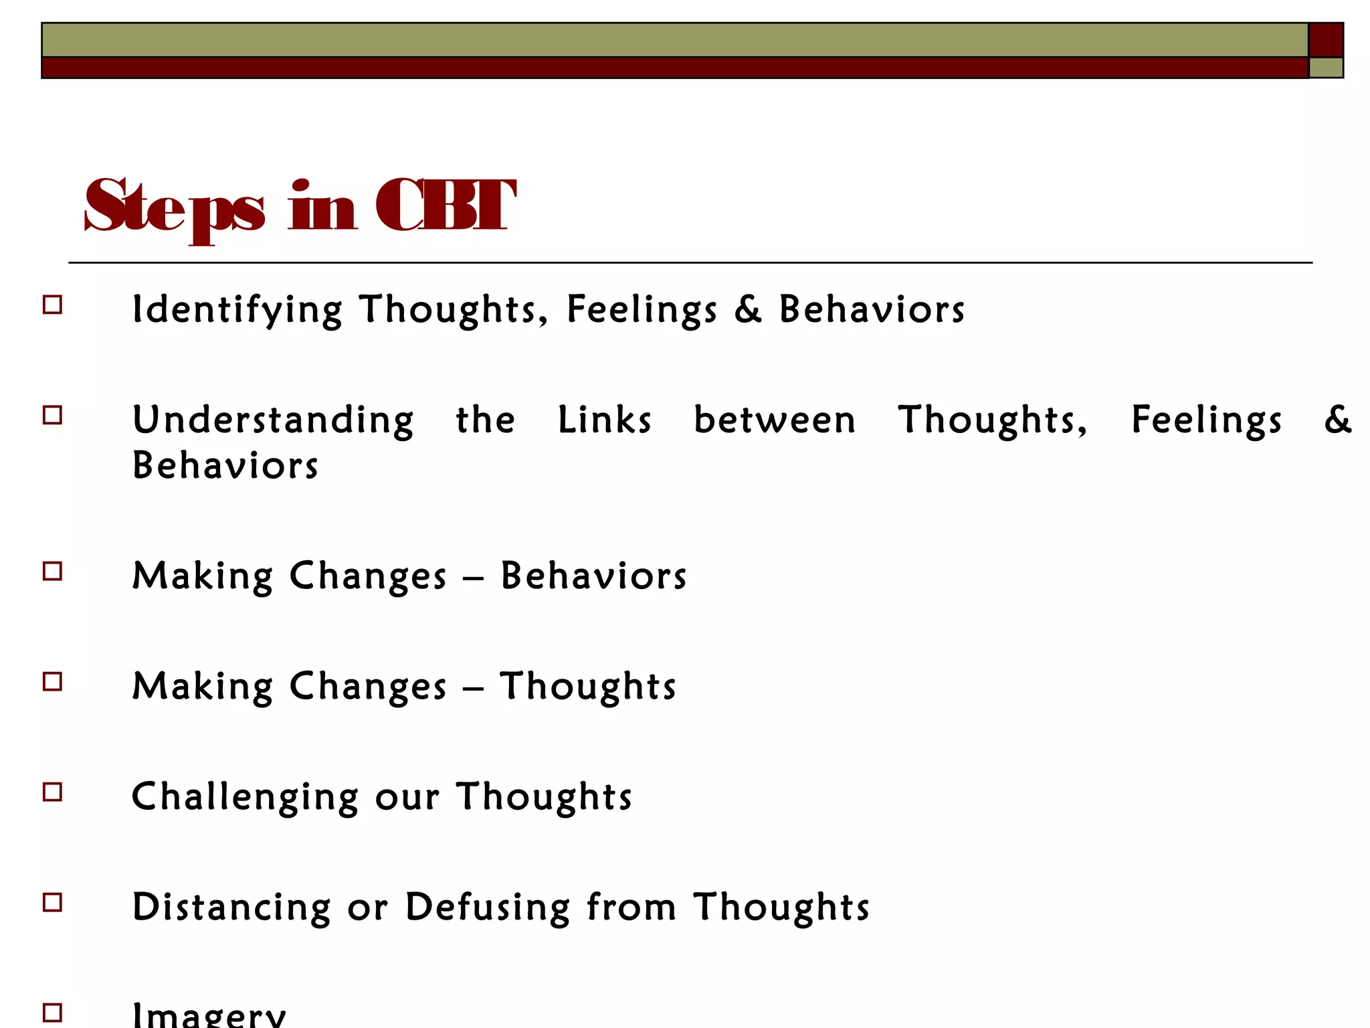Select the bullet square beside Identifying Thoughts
click(x=52, y=305)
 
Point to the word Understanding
click(x=273, y=421)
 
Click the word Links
click(x=605, y=420)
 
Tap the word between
click(x=775, y=420)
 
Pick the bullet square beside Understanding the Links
click(x=52, y=416)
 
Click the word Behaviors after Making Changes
click(x=593, y=576)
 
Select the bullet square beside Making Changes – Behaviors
click(x=52, y=571)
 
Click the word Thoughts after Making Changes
click(x=588, y=687)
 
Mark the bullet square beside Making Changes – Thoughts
click(x=52, y=681)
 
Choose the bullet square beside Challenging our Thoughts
click(x=52, y=792)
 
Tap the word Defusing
click(x=488, y=908)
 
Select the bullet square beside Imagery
click(x=52, y=1012)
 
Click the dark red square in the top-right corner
click(x=1326, y=40)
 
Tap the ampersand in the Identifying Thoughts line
click(x=748, y=309)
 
